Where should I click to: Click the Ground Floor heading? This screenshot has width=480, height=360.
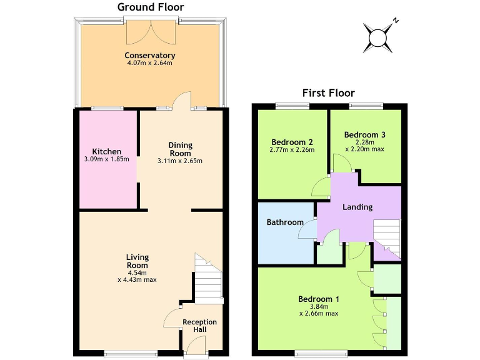pyautogui.click(x=151, y=7)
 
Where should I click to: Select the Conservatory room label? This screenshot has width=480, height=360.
pyautogui.click(x=149, y=56)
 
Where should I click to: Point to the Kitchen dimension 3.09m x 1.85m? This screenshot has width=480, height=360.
pyautogui.click(x=106, y=159)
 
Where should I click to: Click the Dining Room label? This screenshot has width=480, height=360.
pyautogui.click(x=181, y=149)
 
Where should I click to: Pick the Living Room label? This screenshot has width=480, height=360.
pyautogui.click(x=137, y=261)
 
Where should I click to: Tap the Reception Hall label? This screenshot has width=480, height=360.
pyautogui.click(x=199, y=326)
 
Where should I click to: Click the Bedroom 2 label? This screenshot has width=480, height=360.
pyautogui.click(x=292, y=141)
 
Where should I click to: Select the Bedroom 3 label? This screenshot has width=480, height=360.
pyautogui.click(x=364, y=134)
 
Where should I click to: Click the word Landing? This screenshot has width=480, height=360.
pyautogui.click(x=357, y=207)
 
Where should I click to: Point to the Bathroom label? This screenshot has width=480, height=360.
pyautogui.click(x=285, y=222)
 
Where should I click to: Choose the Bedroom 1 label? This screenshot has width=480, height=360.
pyautogui.click(x=318, y=298)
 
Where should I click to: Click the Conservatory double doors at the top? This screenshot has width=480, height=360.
pyautogui.click(x=151, y=31)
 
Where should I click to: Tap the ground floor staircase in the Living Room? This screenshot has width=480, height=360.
pyautogui.click(x=208, y=278)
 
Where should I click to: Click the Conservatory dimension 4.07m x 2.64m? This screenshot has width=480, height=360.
pyautogui.click(x=149, y=63)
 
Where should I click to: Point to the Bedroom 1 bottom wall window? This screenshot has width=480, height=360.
pyautogui.click(x=321, y=351)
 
